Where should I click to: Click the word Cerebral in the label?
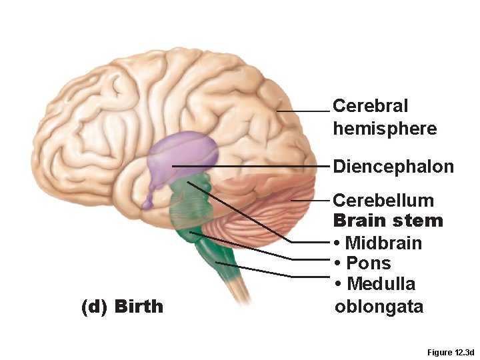tap(370, 106)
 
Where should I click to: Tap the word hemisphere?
tap(385, 128)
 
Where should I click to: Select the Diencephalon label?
tap(393, 166)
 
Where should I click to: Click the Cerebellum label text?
tap(383, 200)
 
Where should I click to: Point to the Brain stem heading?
tap(387, 221)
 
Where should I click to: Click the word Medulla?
tap(381, 284)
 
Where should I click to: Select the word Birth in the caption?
tap(139, 307)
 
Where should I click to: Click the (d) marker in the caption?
tap(94, 307)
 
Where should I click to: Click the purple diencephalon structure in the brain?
tap(182, 153)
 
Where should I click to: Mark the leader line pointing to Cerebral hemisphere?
tap(303, 111)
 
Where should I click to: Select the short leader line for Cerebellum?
tap(310, 200)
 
